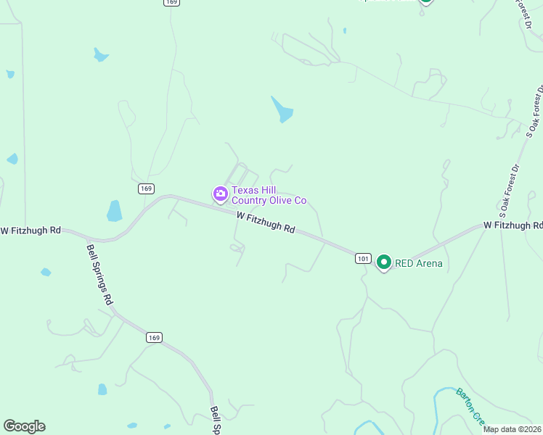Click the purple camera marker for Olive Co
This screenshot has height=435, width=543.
point(220,194)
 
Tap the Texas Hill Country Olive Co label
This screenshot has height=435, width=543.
point(269,195)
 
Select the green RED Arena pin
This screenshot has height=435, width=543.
point(383,262)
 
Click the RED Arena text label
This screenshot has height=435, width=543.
point(419,263)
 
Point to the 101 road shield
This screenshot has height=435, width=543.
point(364,257)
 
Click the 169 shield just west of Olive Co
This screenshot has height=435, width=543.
point(147,188)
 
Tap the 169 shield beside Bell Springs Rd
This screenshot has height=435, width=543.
point(153,337)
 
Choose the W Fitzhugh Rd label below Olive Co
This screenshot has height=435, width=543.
point(266,222)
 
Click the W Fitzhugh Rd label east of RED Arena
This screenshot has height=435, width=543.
point(513,225)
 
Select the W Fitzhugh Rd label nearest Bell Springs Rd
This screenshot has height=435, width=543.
point(30,231)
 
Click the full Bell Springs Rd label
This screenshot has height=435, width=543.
point(100,274)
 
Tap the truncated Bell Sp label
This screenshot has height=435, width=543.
point(215,420)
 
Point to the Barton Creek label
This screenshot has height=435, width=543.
point(470,406)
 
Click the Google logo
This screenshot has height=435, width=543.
point(24,426)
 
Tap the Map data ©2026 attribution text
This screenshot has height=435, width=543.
point(513,429)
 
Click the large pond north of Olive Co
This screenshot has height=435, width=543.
point(282,109)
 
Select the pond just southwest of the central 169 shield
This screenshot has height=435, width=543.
point(114,211)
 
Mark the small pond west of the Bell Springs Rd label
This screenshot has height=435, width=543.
point(46,273)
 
